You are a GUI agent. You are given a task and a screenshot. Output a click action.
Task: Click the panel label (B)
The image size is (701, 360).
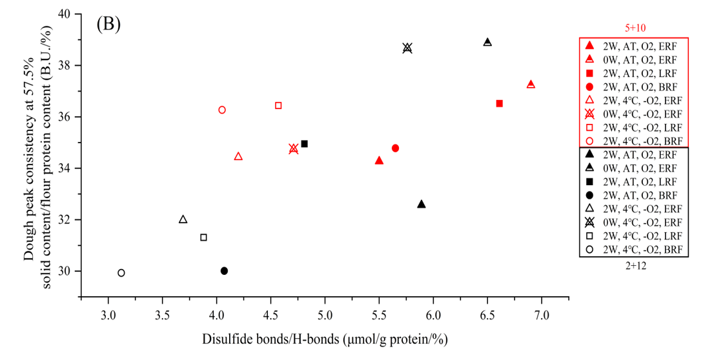pos(108,24)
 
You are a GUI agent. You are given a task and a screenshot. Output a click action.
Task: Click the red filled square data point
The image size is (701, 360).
pos(499,103)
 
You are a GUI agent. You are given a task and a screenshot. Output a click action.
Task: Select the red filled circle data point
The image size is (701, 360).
pos(395,148)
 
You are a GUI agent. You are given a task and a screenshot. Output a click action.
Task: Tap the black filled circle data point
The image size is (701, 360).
pos(224,271)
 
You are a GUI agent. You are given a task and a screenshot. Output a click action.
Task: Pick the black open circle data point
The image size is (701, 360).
pos(121,273)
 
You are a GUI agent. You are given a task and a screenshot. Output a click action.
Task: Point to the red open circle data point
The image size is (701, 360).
pos(222,110)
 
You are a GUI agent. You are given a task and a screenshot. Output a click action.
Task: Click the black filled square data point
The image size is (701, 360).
pos(305,144)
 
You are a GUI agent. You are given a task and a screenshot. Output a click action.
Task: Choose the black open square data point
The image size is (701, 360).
pos(203,237)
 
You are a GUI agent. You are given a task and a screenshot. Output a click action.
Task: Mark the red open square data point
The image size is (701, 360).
pos(278,105)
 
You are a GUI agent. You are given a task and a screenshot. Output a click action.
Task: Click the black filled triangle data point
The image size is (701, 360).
pos(422,204)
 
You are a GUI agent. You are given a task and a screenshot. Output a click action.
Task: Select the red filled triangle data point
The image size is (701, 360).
pos(379,160)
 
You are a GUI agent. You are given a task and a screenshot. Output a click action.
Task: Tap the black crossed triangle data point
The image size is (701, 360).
pos(407,48)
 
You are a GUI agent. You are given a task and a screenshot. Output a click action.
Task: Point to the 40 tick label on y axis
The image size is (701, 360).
pos(65,14)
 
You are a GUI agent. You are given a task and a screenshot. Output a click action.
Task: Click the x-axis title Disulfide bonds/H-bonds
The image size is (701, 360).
pos(325,339)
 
